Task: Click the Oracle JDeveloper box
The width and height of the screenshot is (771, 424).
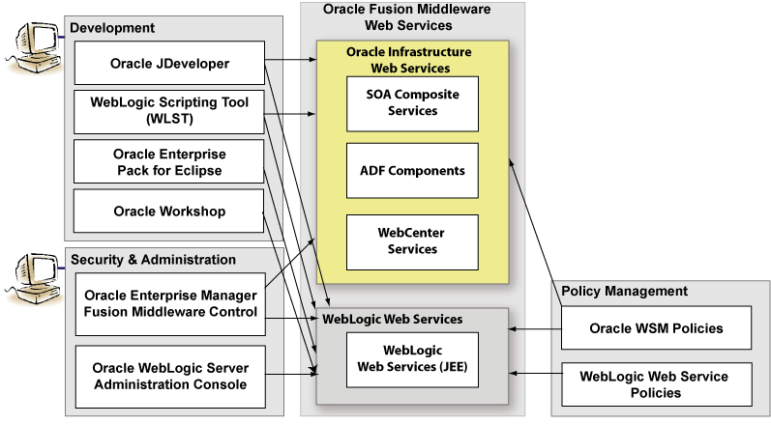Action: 169,65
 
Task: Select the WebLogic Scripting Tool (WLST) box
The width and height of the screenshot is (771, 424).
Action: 169,111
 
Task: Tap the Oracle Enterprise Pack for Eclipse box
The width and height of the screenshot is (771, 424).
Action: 169,161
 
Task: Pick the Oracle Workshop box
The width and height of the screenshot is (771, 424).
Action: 169,211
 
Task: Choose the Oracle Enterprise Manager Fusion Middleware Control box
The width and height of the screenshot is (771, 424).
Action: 169,302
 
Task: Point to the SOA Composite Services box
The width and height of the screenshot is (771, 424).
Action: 413,102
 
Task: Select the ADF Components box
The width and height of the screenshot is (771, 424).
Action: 413,171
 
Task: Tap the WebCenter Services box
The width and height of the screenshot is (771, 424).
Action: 413,241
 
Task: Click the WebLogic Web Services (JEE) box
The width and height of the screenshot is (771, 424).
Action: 413,360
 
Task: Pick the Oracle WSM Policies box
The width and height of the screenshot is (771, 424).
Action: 656,328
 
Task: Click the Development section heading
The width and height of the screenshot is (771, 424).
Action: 112,28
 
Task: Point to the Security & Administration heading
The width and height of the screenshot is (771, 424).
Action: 153,260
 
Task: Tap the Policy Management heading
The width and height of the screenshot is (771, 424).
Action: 625,291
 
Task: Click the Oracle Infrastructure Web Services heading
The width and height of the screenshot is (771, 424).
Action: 411,60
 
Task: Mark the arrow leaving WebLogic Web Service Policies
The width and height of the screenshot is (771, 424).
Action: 536,372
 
